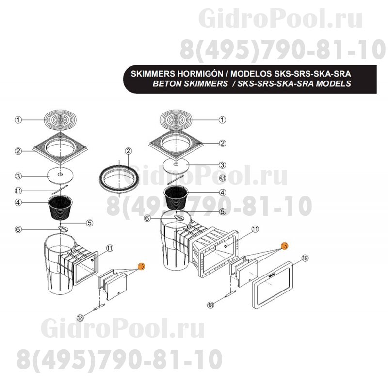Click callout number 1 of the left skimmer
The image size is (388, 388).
[18, 120]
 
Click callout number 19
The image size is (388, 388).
[305, 259]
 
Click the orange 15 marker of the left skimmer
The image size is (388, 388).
[141, 266]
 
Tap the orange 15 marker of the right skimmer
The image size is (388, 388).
[285, 246]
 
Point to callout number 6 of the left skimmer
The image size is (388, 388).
[18, 229]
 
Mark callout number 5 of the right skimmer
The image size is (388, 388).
[222, 211]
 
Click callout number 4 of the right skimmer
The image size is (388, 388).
[222, 192]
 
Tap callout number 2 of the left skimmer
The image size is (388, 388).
[18, 151]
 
